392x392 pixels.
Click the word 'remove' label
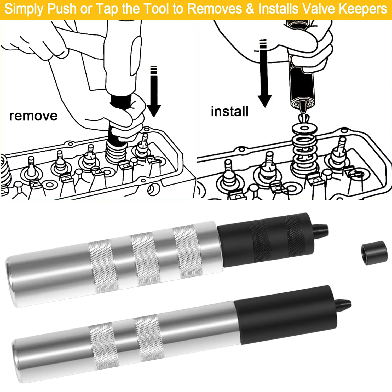[x=33, y=116]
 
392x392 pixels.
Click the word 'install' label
[x=229, y=112]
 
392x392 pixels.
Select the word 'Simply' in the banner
[x=24, y=9]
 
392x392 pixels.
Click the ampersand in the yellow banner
[x=250, y=9]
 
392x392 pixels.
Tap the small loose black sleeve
[x=374, y=253]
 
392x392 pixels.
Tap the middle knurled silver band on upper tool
[x=145, y=259]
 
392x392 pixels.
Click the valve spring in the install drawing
[x=304, y=154]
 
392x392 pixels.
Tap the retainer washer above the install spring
[x=304, y=128]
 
